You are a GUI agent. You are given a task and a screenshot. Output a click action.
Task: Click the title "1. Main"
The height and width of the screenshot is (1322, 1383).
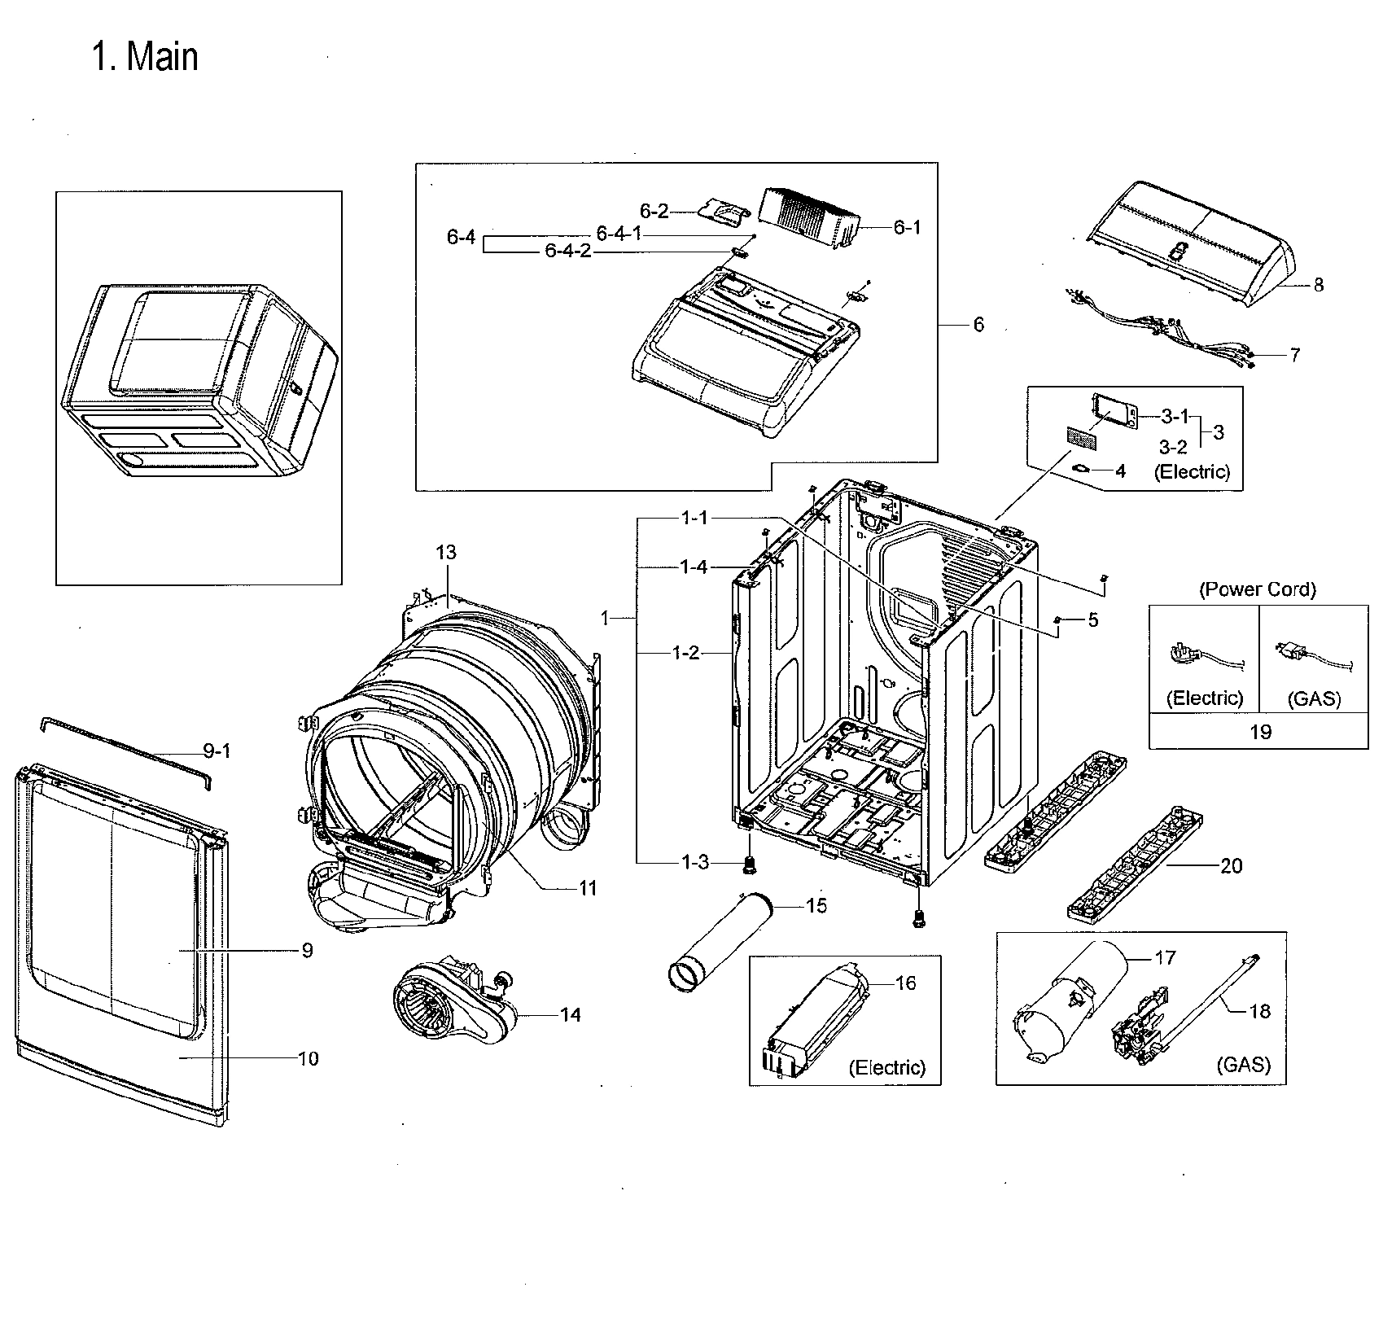[145, 58]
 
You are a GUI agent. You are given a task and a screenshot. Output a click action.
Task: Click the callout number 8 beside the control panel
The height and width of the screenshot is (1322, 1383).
[1318, 285]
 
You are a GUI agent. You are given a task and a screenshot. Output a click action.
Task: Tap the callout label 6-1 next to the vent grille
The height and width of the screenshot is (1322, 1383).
[907, 228]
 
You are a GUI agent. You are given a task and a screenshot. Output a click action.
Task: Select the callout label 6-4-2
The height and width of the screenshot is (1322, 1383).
[567, 252]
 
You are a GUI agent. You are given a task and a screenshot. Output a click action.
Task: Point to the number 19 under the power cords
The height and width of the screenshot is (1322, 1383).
[1259, 732]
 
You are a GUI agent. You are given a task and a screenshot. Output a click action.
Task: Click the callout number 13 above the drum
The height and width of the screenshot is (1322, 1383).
[446, 553]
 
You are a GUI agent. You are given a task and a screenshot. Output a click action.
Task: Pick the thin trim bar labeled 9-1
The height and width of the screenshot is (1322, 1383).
[122, 741]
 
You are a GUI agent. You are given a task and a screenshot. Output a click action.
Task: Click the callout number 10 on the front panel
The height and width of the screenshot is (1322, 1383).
[309, 1059]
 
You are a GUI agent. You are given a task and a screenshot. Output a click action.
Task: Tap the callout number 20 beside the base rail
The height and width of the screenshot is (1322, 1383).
[1231, 866]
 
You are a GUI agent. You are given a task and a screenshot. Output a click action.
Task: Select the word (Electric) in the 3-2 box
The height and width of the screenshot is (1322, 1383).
[1193, 471]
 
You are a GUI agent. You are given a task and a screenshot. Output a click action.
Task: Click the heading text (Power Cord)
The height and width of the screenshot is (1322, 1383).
[1258, 589]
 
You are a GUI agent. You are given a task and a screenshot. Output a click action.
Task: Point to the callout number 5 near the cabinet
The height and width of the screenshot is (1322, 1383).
[1092, 620]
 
